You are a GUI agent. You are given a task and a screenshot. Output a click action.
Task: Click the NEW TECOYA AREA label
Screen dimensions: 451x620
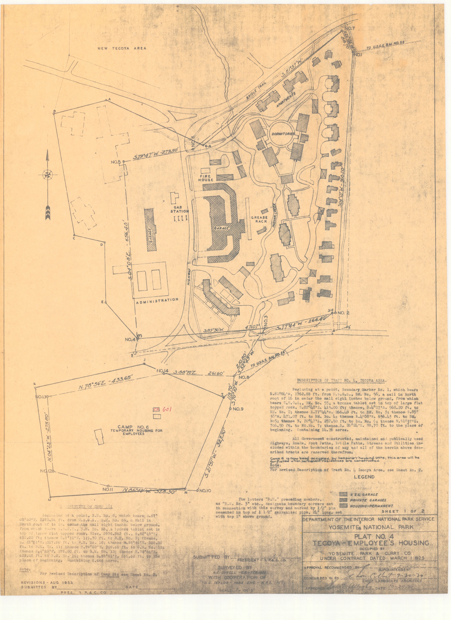tap(122, 48)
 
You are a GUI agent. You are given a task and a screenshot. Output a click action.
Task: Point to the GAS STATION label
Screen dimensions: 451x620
tap(179, 209)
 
